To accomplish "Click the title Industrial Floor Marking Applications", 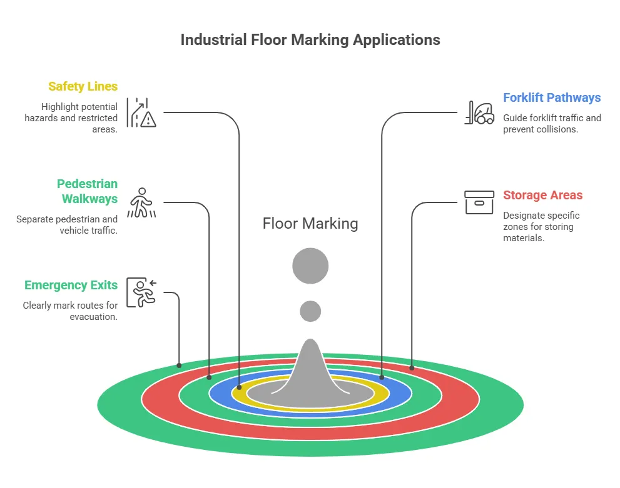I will click(x=310, y=40).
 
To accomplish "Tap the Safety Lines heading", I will click(x=83, y=87).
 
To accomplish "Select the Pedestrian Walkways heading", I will click(x=87, y=191).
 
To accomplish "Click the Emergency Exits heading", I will click(x=71, y=286).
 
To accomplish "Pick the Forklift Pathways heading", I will click(x=551, y=98).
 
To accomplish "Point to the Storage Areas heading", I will click(x=542, y=196).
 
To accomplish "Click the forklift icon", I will click(x=479, y=112).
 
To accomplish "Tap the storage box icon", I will click(x=479, y=202).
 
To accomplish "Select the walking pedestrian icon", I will click(x=141, y=202).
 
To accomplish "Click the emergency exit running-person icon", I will click(x=141, y=292).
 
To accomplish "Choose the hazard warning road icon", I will click(x=141, y=112).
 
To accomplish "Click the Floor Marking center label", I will click(x=310, y=224).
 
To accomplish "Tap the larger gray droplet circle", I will click(x=310, y=266).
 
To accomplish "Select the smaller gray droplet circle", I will click(x=310, y=311).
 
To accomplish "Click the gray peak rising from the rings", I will click(x=310, y=369).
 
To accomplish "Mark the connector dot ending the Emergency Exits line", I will click(x=180, y=365).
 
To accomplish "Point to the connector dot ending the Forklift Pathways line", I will click(x=382, y=377).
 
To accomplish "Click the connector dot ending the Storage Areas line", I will click(x=412, y=367).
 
